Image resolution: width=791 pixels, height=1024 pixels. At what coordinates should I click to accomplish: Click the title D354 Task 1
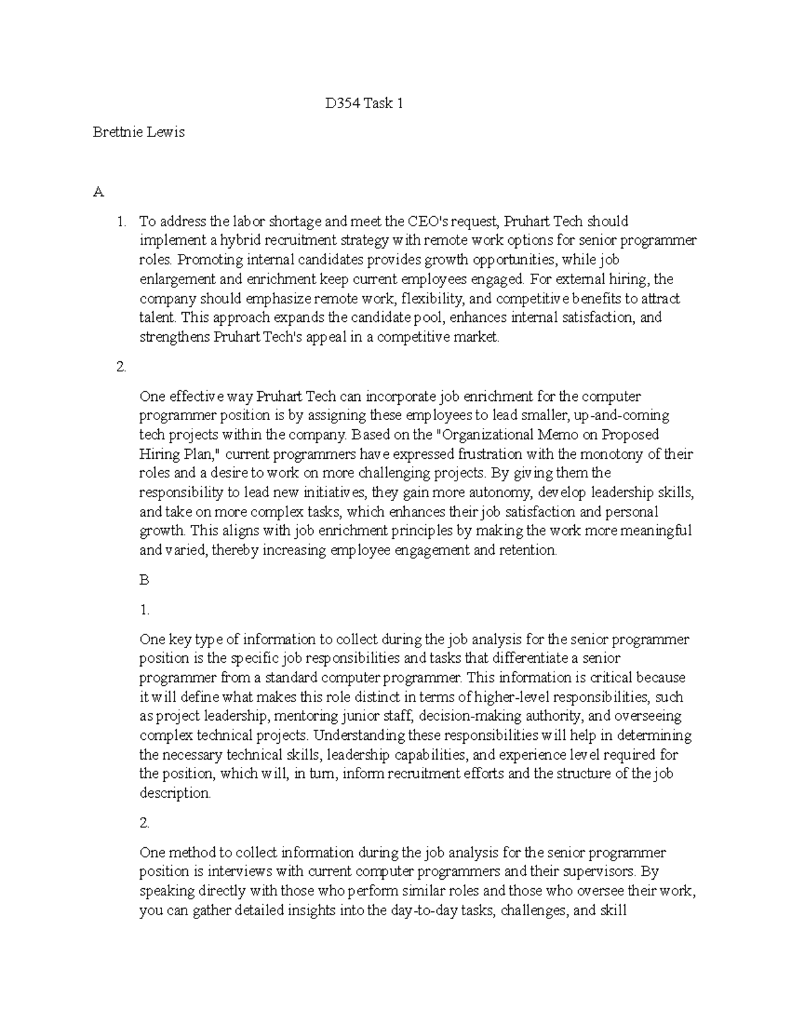[x=363, y=104]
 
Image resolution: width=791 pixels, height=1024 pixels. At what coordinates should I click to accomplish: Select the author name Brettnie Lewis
[x=138, y=132]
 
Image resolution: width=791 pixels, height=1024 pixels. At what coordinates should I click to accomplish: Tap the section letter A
[x=98, y=192]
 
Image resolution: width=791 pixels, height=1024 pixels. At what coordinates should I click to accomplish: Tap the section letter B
[x=144, y=580]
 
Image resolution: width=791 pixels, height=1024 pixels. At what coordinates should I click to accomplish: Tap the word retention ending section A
[x=529, y=551]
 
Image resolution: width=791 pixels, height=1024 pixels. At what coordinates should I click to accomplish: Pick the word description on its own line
[x=175, y=793]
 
